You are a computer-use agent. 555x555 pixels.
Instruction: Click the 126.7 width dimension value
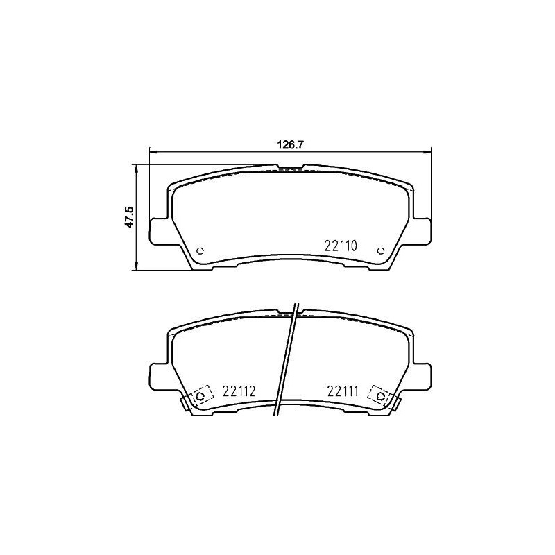coord(290,145)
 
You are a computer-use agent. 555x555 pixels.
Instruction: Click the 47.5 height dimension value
coord(130,217)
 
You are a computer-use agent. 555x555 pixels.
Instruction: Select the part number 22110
coord(341,246)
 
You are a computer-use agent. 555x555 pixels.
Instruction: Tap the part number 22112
coord(239,391)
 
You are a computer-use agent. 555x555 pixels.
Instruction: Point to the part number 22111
coord(343,391)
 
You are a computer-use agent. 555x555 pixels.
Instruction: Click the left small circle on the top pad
coord(200,250)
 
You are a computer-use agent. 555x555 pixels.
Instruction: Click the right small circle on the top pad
coord(381,250)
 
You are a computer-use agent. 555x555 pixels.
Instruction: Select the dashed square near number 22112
coord(201,396)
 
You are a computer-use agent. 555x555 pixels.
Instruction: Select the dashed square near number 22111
coord(379,396)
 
